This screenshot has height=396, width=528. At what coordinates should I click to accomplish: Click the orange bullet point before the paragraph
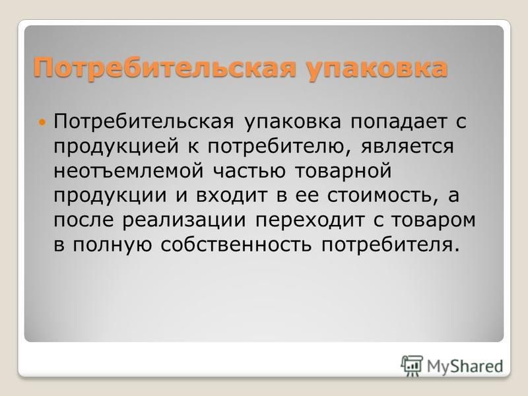click(42, 121)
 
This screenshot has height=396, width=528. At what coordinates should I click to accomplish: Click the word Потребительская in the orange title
click(165, 69)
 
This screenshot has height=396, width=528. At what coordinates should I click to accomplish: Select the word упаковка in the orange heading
click(377, 69)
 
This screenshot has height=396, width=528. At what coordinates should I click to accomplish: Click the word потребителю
click(279, 147)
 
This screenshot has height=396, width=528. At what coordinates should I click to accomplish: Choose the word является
click(407, 147)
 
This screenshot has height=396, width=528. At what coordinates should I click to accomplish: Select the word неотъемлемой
click(129, 171)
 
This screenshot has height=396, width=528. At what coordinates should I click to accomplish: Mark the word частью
click(249, 171)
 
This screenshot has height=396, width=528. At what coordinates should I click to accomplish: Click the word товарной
click(343, 172)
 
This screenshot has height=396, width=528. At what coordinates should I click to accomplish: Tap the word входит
click(232, 196)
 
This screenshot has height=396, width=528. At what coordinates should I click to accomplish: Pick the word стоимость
click(379, 196)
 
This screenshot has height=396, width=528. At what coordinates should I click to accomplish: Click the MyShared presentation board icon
click(411, 366)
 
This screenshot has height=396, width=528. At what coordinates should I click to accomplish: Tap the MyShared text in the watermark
click(465, 366)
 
